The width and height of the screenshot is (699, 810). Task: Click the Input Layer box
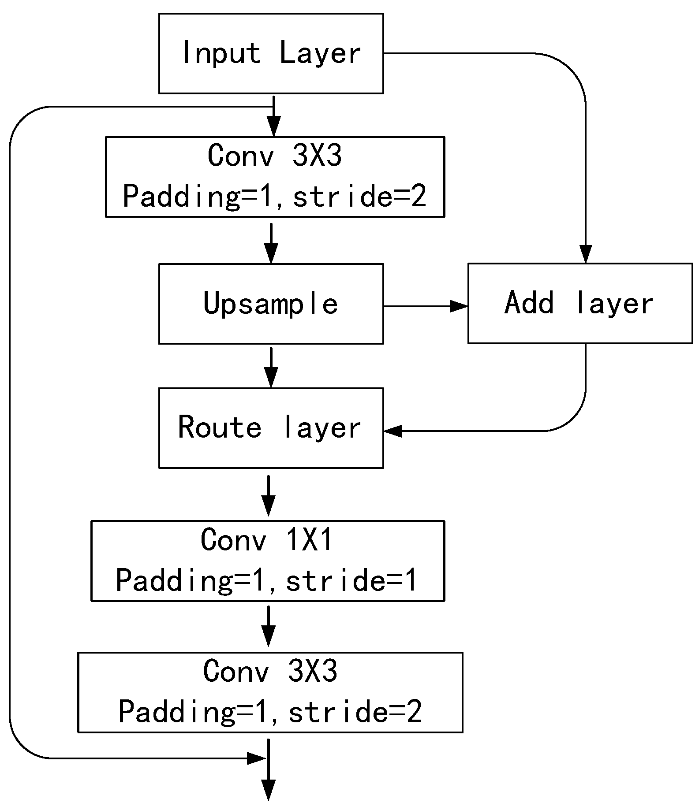271,53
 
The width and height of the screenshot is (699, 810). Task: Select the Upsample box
271,304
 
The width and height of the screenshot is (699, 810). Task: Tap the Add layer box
580,303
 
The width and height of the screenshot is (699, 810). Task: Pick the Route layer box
271,428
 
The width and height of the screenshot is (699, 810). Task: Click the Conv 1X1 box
268,561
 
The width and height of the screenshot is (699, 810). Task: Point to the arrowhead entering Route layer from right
392,431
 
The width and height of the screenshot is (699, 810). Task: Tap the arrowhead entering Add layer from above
585,255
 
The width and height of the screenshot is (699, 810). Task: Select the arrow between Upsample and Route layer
271,367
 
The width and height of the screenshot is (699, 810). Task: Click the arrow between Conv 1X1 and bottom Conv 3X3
268,626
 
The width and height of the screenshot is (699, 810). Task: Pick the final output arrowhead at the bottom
268,791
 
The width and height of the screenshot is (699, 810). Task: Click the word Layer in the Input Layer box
320,53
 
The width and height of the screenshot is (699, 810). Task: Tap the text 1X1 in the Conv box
310,540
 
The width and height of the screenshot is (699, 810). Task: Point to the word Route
220,427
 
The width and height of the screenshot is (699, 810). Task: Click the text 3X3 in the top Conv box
317,156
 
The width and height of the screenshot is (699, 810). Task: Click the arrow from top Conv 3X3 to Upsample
271,242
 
